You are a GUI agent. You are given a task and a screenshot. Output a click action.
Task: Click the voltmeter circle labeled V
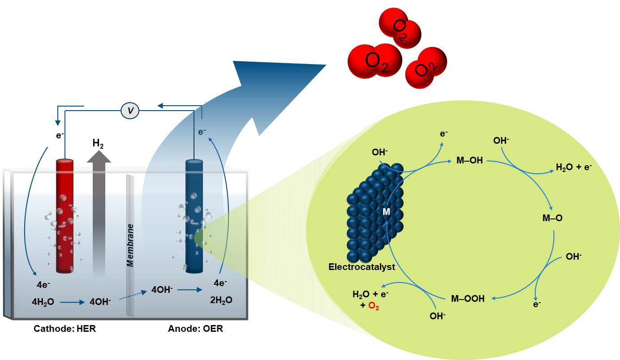click(x=130, y=110)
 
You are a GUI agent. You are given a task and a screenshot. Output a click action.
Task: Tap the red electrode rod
click(x=65, y=215)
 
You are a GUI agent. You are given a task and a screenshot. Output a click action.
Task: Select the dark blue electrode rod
click(x=194, y=215)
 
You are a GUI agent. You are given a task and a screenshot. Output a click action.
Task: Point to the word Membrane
click(x=130, y=245)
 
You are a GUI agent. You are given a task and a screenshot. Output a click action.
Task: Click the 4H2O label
click(x=43, y=302)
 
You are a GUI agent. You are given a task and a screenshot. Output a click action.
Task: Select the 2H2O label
click(x=221, y=300)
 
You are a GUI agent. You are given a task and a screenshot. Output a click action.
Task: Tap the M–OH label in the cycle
click(x=469, y=160)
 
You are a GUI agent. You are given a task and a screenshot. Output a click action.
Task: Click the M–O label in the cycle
click(x=552, y=219)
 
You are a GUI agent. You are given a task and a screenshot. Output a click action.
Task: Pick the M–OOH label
click(x=468, y=299)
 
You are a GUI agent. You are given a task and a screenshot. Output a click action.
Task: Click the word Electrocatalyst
click(x=362, y=267)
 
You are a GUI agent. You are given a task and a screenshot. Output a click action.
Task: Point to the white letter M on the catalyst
click(x=386, y=212)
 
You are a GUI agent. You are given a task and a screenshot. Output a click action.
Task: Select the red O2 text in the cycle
click(x=374, y=309)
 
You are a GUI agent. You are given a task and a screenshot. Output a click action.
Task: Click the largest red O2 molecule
click(x=375, y=60)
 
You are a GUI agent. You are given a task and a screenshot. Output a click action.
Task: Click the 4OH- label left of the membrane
click(x=100, y=302)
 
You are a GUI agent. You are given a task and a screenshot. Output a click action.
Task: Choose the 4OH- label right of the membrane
click(x=162, y=289)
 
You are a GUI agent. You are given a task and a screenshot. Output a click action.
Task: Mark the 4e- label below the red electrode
click(x=43, y=284)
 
